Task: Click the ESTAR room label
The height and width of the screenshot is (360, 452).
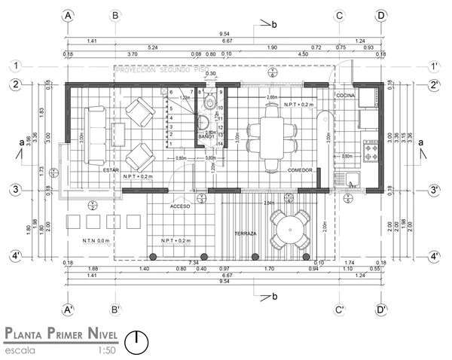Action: point(111,170)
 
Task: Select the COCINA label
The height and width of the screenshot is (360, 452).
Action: point(345,96)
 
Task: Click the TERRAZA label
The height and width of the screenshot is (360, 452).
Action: point(246,233)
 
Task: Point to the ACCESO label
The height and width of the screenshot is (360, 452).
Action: point(180,206)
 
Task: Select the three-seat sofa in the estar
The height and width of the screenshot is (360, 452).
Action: point(96,135)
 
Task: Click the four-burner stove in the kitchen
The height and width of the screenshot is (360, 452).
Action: point(371,151)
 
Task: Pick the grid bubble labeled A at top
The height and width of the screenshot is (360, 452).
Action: point(69,15)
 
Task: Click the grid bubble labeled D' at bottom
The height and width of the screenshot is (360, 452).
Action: point(382,310)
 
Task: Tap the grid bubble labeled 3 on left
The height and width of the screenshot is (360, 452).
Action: point(15,191)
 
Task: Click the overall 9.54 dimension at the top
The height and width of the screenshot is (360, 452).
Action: point(224,34)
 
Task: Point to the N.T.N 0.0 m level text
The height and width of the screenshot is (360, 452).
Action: point(96,240)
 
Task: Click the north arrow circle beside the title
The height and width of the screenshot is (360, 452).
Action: point(136,342)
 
